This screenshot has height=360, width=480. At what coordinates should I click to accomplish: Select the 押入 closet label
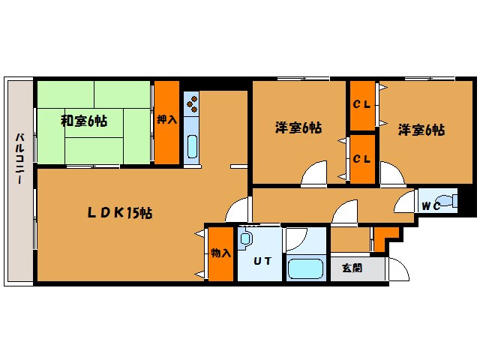click(166, 119)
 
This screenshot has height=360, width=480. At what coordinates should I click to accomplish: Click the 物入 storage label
click(220, 253)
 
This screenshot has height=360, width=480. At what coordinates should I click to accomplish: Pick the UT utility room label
click(261, 261)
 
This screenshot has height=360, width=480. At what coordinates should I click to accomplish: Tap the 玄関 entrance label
click(352, 268)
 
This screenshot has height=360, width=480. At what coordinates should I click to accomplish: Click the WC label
click(430, 205)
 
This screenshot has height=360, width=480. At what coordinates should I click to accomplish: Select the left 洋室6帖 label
click(298, 128)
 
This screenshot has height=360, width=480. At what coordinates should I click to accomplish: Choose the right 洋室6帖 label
click(421, 129)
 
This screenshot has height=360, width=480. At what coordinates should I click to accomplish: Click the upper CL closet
click(362, 104)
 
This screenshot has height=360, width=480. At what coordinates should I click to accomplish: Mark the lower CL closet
click(362, 158)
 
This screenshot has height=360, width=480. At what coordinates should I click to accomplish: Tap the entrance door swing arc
click(397, 268)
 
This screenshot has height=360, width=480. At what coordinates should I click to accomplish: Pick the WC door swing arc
click(405, 200)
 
